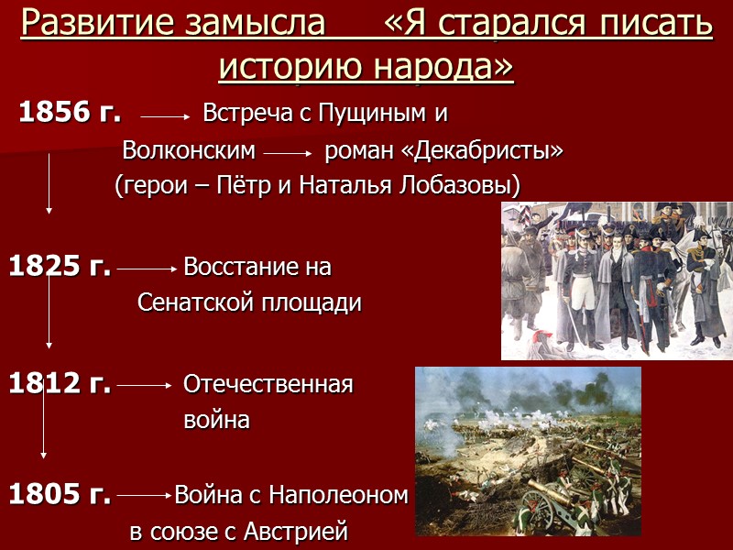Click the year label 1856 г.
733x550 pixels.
pos(70,114)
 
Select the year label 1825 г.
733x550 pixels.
pos(60,268)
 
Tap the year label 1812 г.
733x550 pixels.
pos(60,384)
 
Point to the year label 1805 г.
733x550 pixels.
pos(60,496)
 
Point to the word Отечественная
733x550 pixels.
pos(268,384)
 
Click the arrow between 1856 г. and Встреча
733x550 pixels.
pos(165,117)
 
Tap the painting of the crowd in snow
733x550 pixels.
pos(617,280)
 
